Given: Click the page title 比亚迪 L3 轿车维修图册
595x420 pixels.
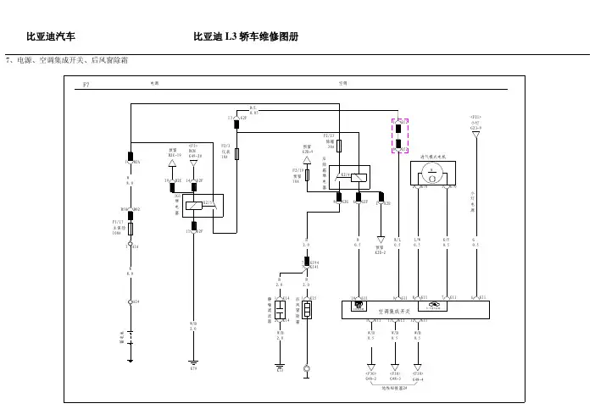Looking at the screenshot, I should [x=246, y=38].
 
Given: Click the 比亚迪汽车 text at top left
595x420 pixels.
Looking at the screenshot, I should [x=52, y=38].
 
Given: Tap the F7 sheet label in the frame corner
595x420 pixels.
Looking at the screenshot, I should [x=86, y=86].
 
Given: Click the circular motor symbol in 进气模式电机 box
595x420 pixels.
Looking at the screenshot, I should [x=432, y=170].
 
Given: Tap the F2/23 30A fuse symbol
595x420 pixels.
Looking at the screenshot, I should [x=339, y=146].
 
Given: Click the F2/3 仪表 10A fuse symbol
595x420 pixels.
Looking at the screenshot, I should [x=237, y=154].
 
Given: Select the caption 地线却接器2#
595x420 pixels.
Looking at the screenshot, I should [x=396, y=389].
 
